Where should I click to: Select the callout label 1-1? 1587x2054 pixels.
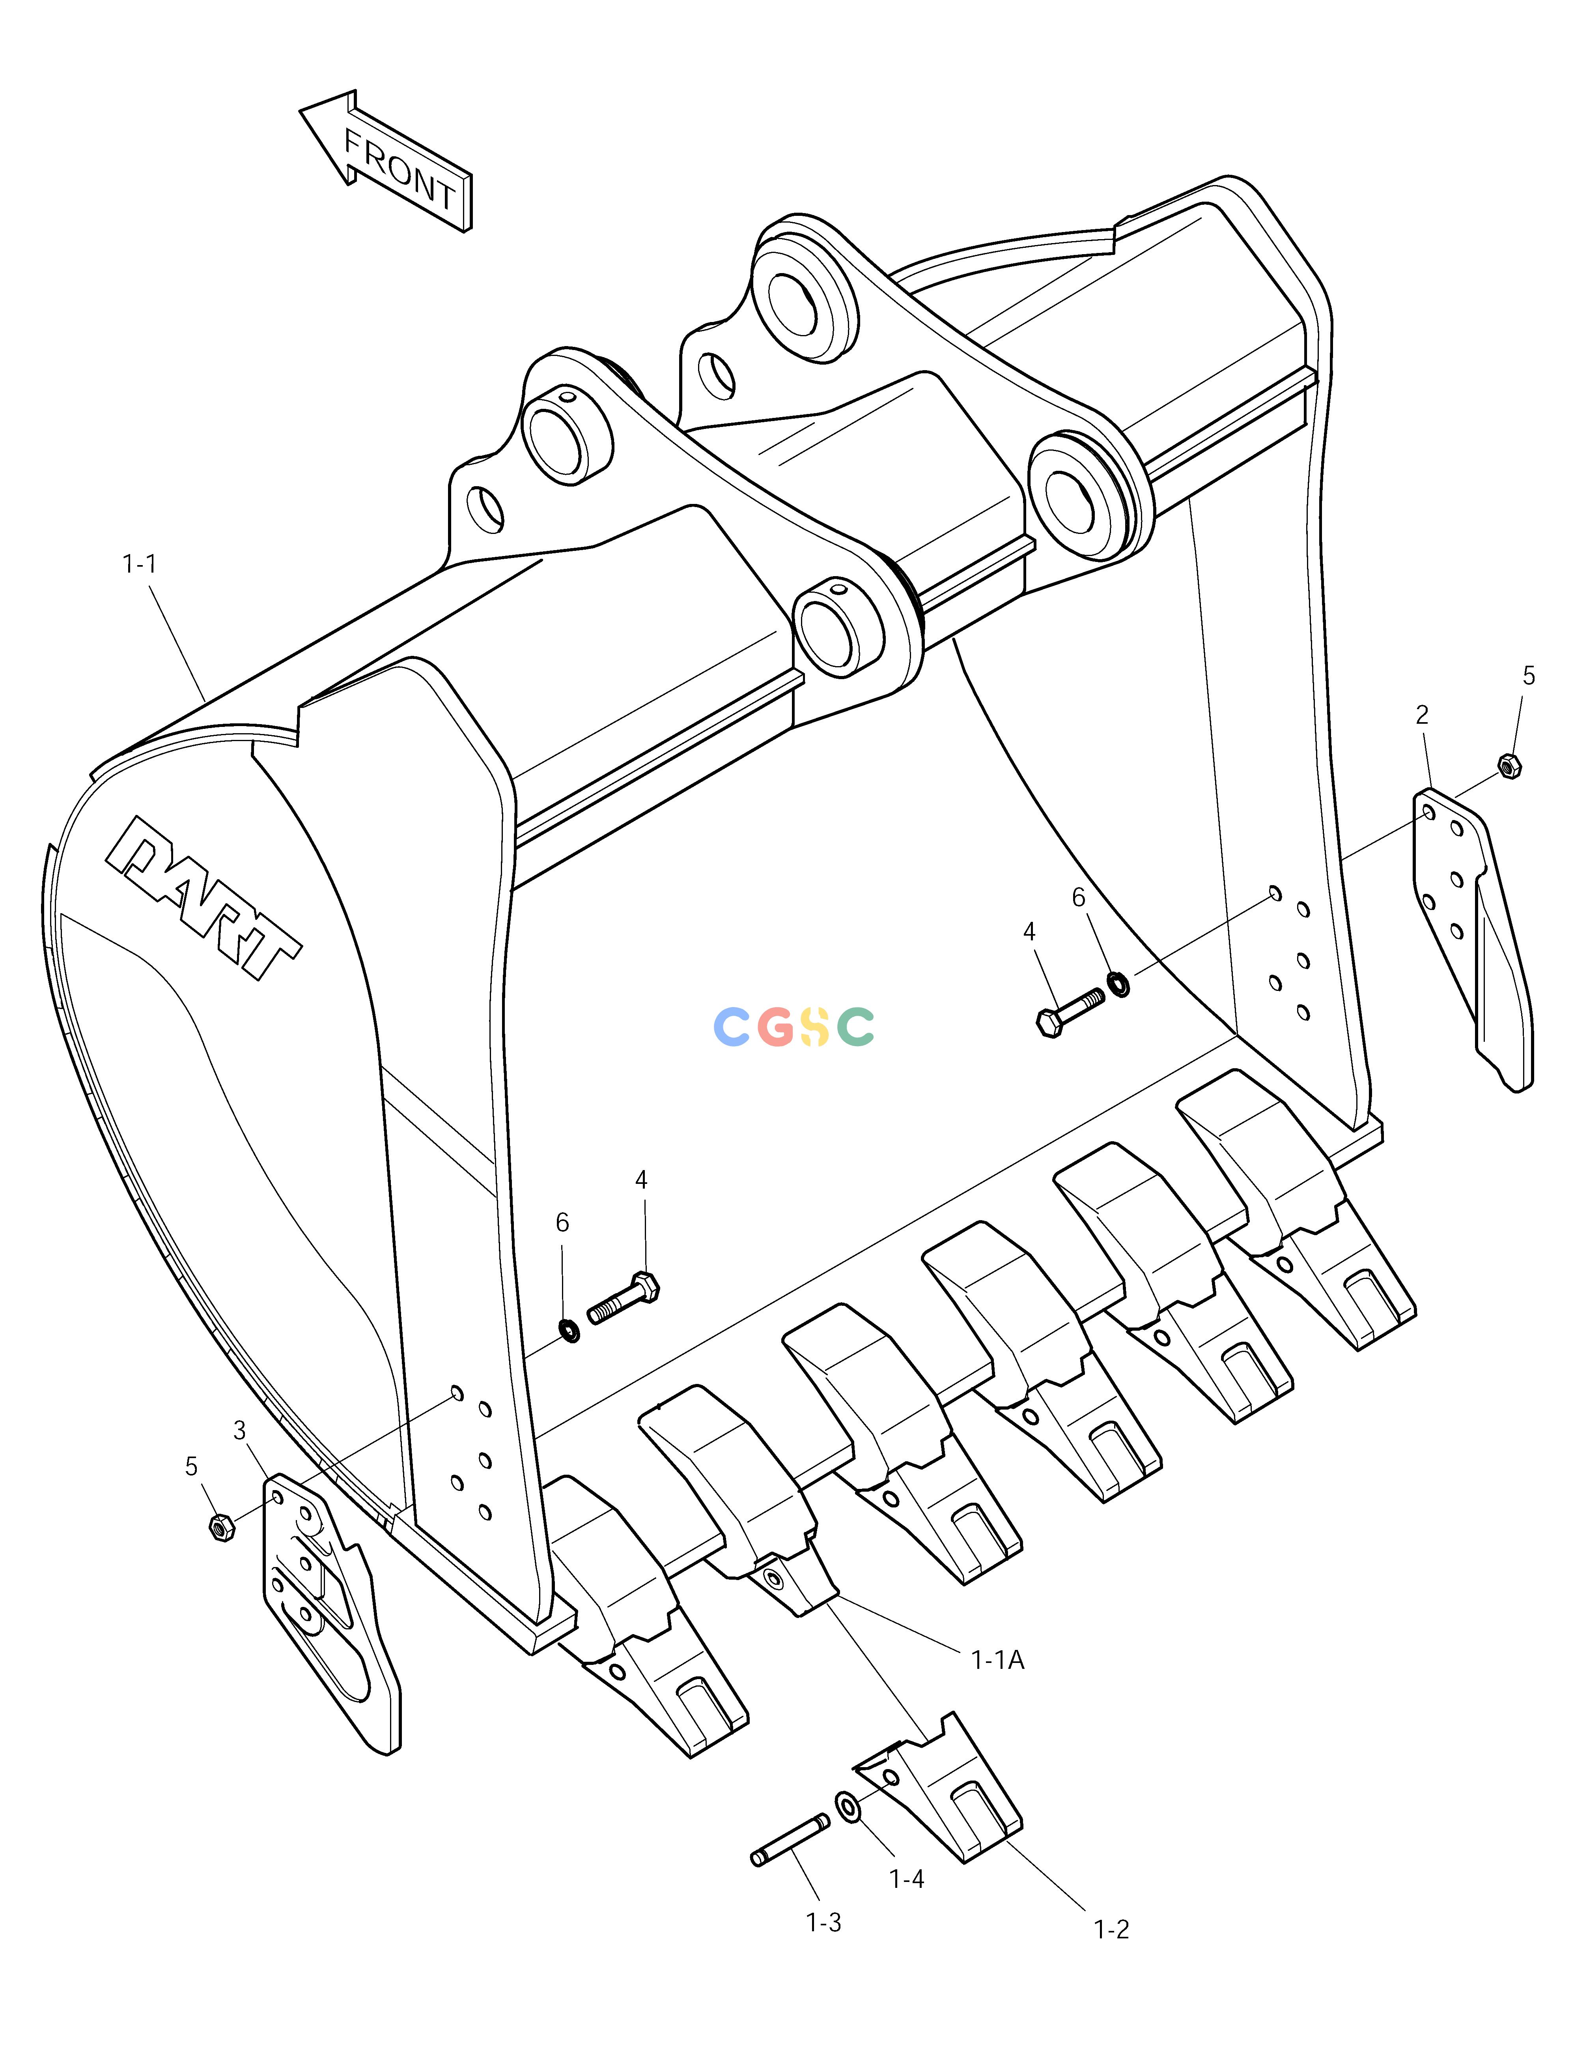[x=139, y=564]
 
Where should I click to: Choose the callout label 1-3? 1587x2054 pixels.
[x=823, y=1923]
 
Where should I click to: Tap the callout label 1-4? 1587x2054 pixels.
[x=907, y=1879]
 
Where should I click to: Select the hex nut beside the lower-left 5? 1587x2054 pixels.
[x=221, y=1528]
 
